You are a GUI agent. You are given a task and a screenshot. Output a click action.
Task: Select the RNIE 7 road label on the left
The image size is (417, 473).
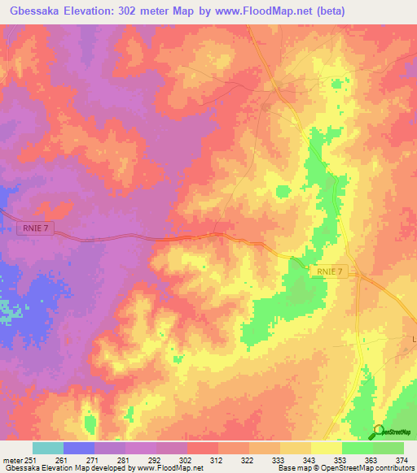tap(35, 230)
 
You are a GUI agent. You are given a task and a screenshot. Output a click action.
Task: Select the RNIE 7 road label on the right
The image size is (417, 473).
tap(329, 270)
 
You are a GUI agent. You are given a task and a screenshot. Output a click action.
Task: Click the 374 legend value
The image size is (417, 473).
tap(402, 460)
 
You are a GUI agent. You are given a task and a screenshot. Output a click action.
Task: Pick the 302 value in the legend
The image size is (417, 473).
tap(186, 460)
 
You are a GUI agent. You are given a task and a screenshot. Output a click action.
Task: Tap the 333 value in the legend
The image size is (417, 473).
tap(279, 460)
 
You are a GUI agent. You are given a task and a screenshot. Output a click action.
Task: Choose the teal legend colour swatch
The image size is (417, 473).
tap(48, 448)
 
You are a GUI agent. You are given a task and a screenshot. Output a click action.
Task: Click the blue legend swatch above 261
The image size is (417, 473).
tap(79, 448)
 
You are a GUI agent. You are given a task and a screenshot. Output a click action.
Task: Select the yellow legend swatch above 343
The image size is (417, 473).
tap(295, 448)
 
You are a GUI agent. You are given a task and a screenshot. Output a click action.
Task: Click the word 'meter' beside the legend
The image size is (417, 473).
tap(11, 460)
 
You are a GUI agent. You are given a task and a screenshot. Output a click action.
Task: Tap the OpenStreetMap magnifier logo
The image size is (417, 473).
tap(378, 432)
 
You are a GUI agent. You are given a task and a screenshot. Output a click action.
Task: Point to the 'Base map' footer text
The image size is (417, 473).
tap(292, 469)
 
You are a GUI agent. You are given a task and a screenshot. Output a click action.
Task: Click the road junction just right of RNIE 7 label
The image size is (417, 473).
tap(358, 274)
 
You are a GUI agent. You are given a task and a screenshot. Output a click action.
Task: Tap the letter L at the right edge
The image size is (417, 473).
tap(413, 336)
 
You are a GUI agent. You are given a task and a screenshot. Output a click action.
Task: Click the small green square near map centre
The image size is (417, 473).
tap(283, 191)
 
